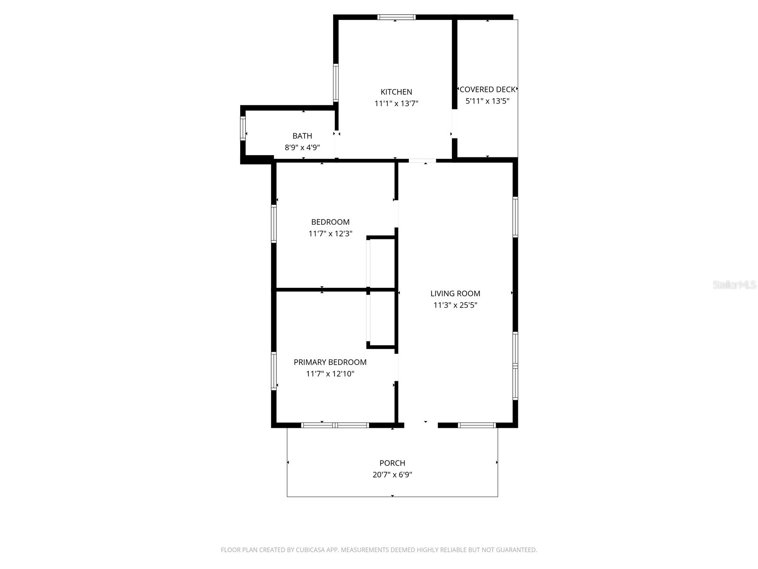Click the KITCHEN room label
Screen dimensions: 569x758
(396, 92)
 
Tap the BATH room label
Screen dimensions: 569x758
(302, 136)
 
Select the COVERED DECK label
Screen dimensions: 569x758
(487, 90)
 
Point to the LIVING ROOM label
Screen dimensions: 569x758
(455, 294)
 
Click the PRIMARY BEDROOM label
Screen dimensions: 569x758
(330, 362)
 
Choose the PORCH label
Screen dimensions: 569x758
(392, 463)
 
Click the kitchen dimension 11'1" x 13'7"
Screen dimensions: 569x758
(397, 103)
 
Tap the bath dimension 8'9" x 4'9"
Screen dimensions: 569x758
(302, 147)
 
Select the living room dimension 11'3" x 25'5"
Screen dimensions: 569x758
(455, 305)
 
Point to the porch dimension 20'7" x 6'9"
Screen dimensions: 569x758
(392, 475)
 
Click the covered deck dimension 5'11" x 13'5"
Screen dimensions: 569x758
(487, 101)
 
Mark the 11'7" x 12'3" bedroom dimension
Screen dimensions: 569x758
(330, 234)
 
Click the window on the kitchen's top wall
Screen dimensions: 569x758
(397, 18)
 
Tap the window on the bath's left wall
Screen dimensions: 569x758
(243, 128)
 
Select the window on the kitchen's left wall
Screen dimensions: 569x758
(336, 83)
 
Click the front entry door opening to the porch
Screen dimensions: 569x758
(421, 425)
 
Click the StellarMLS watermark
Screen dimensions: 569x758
(734, 285)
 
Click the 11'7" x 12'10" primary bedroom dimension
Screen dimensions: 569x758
(330, 374)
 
